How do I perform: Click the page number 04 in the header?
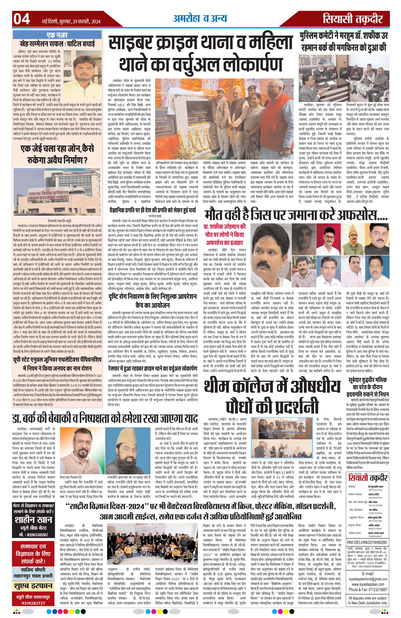click(x=21, y=19)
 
